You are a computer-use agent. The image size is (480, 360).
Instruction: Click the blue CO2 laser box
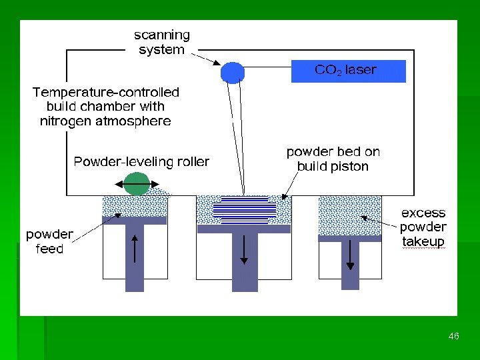[348, 71]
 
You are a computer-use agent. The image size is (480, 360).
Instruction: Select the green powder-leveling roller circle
[137, 184]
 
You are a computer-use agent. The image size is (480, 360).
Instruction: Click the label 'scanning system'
[162, 42]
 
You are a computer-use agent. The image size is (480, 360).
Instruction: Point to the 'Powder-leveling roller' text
[141, 161]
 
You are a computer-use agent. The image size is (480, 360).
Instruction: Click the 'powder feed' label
[49, 241]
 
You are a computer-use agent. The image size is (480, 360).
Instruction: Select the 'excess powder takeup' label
[423, 227]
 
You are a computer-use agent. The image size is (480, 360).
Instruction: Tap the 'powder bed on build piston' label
[333, 159]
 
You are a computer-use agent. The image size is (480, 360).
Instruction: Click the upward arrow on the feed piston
[135, 251]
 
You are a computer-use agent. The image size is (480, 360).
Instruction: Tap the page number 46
[454, 337]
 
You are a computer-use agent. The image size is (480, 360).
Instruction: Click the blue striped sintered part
[244, 209]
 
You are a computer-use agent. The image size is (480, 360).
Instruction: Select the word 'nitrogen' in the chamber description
[67, 121]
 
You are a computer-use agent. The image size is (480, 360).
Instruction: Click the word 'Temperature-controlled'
[106, 91]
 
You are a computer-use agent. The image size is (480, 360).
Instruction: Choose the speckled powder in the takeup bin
[349, 217]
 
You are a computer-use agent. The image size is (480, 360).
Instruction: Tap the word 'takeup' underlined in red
[423, 241]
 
